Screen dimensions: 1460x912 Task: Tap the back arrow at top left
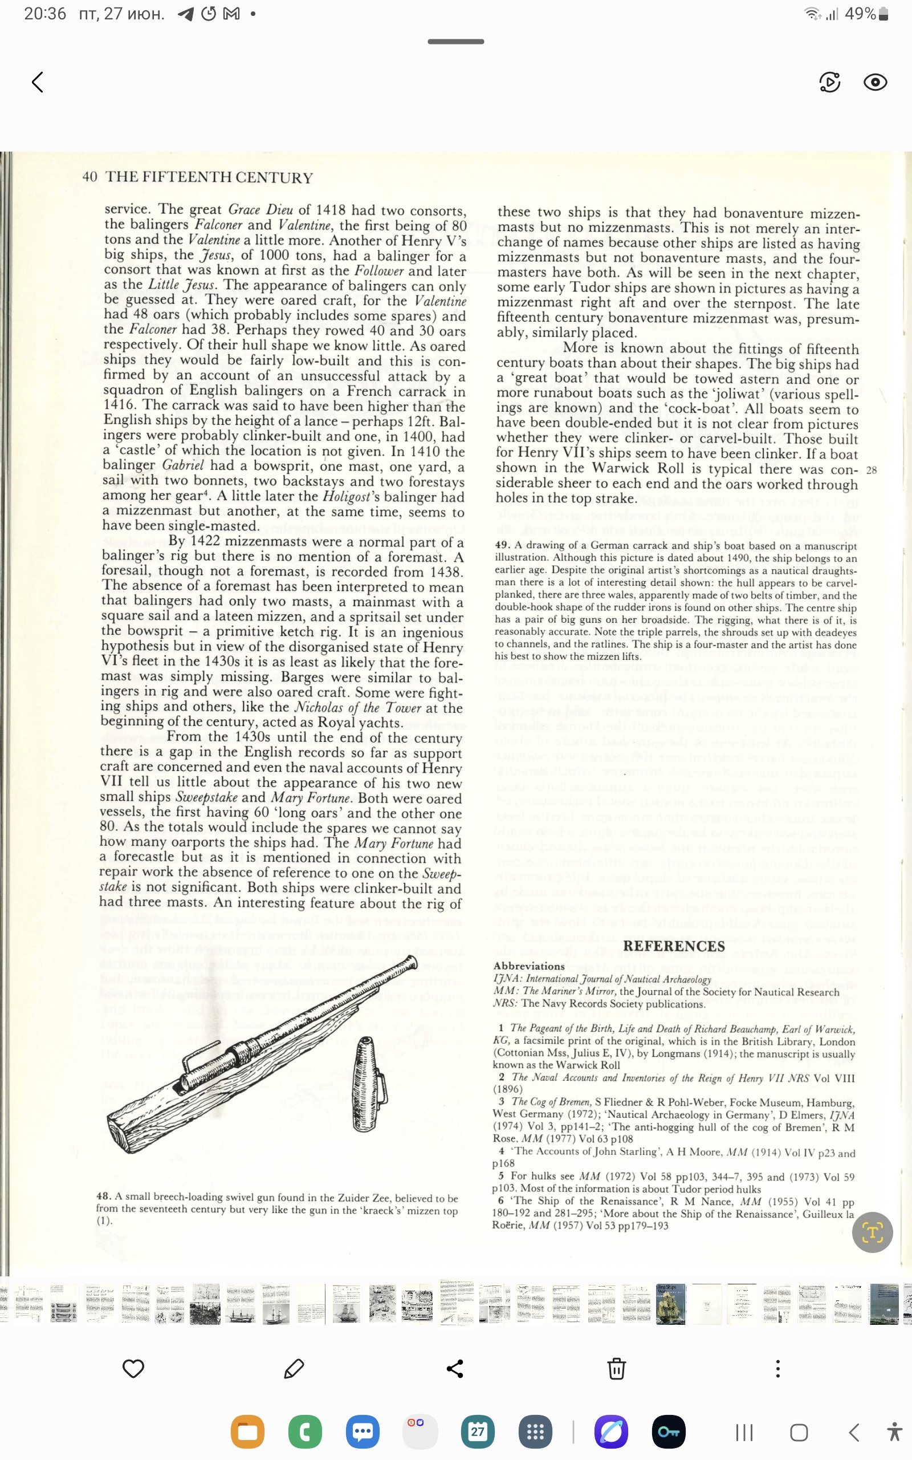click(38, 82)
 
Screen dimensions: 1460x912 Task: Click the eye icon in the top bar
click(874, 82)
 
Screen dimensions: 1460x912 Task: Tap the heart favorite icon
click(133, 1369)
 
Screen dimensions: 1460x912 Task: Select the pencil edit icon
click(294, 1369)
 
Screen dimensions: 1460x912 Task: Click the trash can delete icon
click(616, 1369)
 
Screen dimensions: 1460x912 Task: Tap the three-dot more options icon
click(777, 1369)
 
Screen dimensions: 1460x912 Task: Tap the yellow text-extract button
click(872, 1232)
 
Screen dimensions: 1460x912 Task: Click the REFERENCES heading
click(674, 946)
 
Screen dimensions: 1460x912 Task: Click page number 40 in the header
click(89, 177)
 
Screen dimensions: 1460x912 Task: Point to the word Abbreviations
click(528, 966)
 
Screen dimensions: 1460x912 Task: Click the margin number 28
click(871, 470)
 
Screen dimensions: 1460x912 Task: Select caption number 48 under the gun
click(103, 1197)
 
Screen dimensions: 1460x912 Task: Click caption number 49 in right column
click(502, 545)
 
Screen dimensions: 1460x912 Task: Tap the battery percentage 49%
click(860, 13)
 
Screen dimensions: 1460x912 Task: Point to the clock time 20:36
click(44, 13)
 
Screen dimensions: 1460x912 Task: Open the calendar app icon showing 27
click(477, 1431)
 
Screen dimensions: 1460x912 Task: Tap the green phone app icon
click(304, 1431)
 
